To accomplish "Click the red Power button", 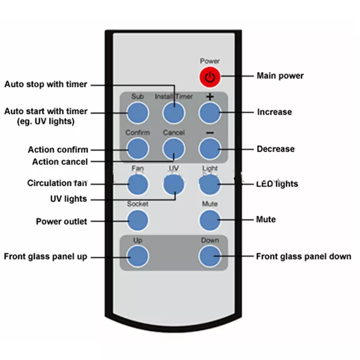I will click(x=209, y=76).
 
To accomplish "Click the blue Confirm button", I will click(x=137, y=148).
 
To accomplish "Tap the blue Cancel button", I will click(x=174, y=148).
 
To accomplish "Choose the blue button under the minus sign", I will click(x=209, y=148).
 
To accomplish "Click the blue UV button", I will click(x=174, y=184).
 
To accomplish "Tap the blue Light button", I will click(x=209, y=184).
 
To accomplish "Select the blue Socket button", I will click(x=137, y=220).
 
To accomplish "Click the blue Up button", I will click(x=137, y=256).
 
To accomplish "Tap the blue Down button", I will click(x=209, y=256).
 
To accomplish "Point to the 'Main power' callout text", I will click(x=280, y=76).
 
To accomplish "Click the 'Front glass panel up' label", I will click(x=46, y=256).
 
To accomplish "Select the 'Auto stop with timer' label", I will click(x=46, y=84).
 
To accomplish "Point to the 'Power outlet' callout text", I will click(x=61, y=222).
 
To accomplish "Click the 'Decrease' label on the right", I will click(x=276, y=149).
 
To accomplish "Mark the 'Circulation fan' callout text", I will click(x=57, y=183).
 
